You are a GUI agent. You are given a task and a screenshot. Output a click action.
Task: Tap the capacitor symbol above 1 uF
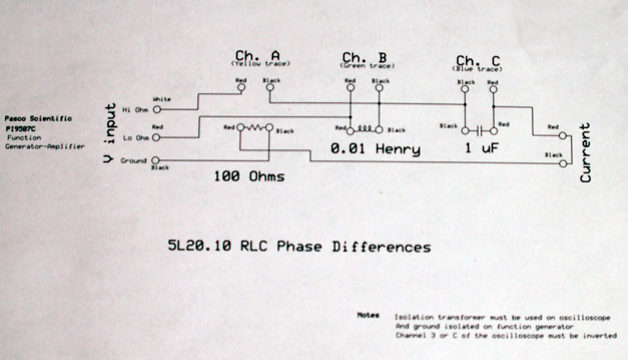pyautogui.click(x=478, y=130)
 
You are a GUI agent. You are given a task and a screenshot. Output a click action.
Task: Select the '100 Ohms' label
pyautogui.click(x=248, y=176)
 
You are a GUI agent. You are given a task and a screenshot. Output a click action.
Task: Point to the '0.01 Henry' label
pyautogui.click(x=375, y=149)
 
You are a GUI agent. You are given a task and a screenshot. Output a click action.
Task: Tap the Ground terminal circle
pyautogui.click(x=154, y=160)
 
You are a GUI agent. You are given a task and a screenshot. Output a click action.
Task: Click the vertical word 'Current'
pyautogui.click(x=585, y=153)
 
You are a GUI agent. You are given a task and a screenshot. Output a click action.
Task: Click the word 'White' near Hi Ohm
pyautogui.click(x=161, y=100)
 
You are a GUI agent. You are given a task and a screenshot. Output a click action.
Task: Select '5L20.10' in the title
pyautogui.click(x=193, y=247)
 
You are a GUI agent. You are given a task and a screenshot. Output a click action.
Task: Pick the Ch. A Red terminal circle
pyautogui.click(x=241, y=89)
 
